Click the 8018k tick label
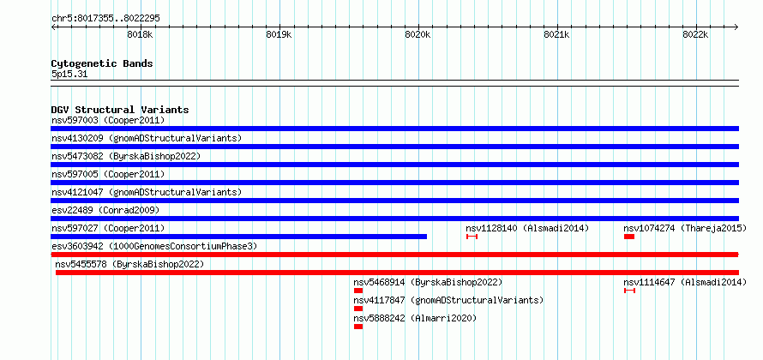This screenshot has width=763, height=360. click(140, 34)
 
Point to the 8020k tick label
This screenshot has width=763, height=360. click(418, 34)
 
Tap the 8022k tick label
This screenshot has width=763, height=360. click(695, 34)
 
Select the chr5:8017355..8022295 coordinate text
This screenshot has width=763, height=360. click(105, 19)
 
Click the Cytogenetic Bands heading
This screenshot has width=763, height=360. click(102, 63)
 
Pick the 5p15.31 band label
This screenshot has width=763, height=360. click(69, 75)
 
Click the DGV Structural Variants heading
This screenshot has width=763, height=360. click(120, 110)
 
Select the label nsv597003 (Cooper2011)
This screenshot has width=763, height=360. click(108, 120)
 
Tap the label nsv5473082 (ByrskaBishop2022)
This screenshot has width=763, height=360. click(126, 156)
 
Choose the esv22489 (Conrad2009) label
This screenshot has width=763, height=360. click(105, 210)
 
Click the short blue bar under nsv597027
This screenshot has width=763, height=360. click(239, 237)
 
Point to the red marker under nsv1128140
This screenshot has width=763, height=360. click(472, 237)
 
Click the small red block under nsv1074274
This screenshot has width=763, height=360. click(629, 237)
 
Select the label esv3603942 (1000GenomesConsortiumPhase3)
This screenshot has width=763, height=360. click(154, 246)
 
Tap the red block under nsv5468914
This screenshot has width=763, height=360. click(358, 291)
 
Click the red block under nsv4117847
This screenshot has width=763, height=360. click(358, 309)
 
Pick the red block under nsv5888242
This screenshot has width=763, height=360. click(358, 327)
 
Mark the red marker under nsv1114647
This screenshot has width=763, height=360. click(629, 291)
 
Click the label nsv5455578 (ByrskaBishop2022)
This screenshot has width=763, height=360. click(129, 264)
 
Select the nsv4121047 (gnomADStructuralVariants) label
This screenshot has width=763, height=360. click(147, 192)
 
